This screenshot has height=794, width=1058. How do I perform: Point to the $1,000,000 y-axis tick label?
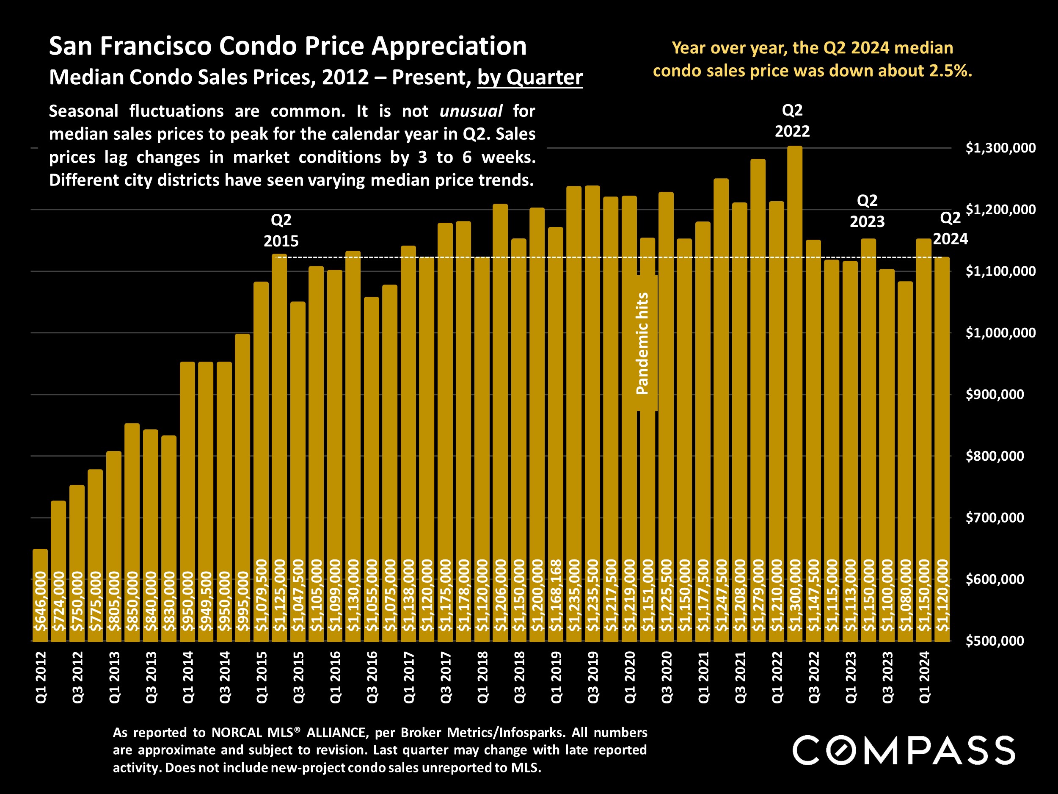pos(1000,332)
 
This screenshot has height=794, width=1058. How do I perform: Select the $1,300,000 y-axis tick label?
pos(1000,148)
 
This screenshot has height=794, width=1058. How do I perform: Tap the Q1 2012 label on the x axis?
pos(41,677)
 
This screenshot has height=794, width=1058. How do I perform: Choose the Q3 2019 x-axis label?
pos(592,677)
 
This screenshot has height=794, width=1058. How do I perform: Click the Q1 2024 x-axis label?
pos(924,677)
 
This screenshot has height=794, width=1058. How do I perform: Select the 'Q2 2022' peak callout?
pos(792,121)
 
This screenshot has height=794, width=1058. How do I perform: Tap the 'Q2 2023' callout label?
pos(867,210)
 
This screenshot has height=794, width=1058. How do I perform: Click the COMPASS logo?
pos(904,750)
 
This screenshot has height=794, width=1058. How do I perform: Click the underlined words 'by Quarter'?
pos(530,77)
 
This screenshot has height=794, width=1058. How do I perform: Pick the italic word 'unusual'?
pos(471,111)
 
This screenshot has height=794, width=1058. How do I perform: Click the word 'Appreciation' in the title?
pos(449,47)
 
